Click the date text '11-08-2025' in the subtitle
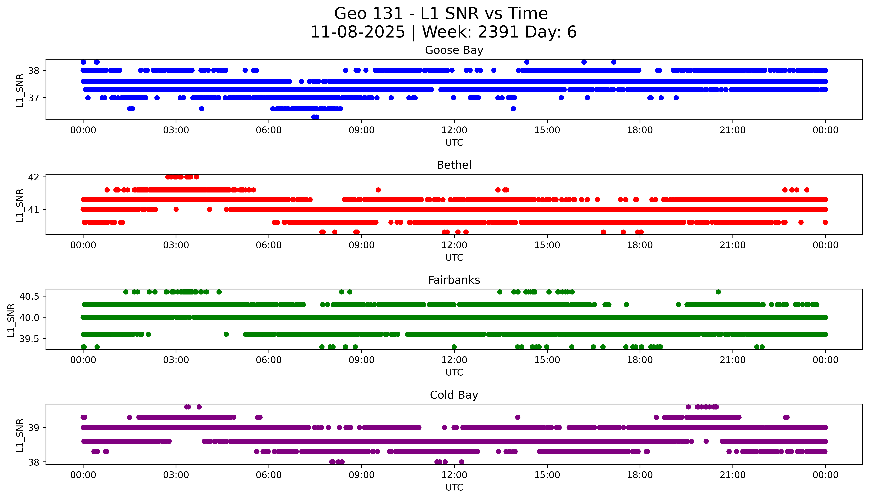click(x=358, y=32)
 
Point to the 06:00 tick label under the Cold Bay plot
click(x=269, y=475)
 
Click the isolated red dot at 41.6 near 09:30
click(x=378, y=190)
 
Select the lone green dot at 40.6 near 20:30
click(x=719, y=292)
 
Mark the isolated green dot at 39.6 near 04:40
click(x=226, y=334)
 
